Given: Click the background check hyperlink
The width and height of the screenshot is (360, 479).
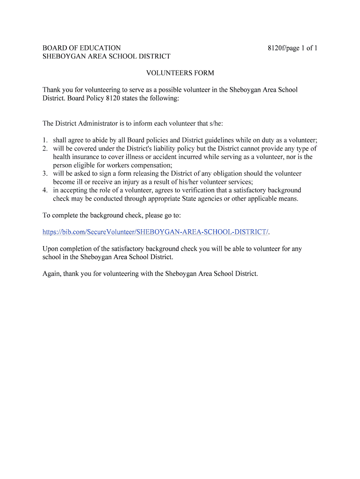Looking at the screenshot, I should coord(156,232).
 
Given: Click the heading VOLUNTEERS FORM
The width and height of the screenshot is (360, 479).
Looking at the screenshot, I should coord(180,73).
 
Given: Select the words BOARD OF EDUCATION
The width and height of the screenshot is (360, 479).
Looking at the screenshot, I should coord(82,48).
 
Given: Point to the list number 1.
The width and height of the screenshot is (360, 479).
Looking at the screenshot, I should coord(44,140).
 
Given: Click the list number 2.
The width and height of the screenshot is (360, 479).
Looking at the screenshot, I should coord(44,149).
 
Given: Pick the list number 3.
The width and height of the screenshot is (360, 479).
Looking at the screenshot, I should coord(44,174).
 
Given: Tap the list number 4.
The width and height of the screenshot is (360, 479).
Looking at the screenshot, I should coord(44,190).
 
